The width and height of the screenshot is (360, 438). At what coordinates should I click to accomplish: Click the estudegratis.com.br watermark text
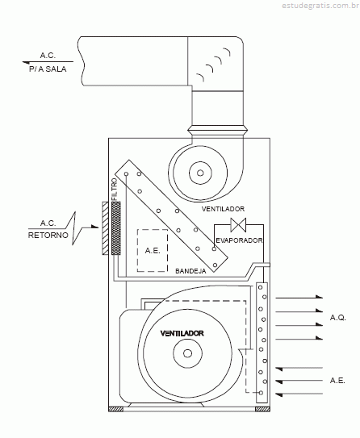320,6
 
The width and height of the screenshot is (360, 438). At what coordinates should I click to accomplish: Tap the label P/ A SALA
48,69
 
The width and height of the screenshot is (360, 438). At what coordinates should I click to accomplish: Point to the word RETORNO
48,236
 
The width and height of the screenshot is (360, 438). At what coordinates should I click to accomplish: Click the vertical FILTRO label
115,189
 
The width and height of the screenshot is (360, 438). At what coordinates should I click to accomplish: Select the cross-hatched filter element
116,228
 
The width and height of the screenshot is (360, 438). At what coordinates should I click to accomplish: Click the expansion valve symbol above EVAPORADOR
238,225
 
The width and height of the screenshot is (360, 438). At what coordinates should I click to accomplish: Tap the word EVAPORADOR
239,240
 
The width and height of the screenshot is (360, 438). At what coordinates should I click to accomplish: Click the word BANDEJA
190,271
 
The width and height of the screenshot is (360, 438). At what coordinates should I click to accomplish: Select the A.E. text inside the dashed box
153,251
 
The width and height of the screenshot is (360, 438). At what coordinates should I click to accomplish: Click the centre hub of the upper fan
200,173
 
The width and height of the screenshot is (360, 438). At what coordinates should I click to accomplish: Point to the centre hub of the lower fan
187,353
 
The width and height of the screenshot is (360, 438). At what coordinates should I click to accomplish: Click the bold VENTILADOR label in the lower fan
182,333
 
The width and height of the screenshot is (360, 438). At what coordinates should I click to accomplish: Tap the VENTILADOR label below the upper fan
223,209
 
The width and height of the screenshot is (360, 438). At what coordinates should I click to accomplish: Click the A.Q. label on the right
338,318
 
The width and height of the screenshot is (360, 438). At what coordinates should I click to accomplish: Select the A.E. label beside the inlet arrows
337,381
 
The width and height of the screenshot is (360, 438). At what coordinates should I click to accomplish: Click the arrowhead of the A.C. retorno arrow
95,227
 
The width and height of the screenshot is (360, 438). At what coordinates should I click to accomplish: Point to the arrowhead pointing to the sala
26,63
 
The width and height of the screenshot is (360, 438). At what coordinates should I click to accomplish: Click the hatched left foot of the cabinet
115,409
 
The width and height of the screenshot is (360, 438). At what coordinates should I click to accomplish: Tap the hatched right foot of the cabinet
262,409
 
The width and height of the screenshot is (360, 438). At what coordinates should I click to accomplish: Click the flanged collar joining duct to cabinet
217,130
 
